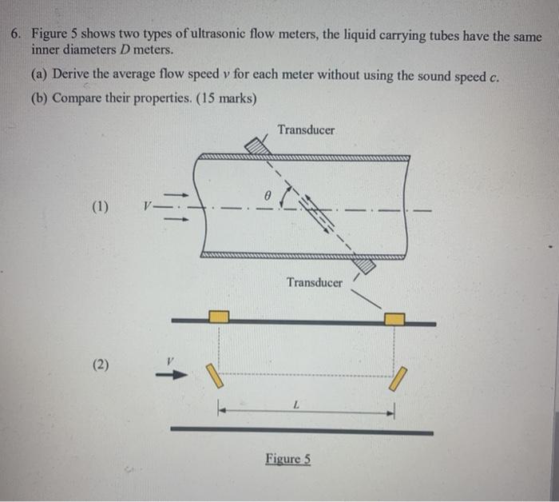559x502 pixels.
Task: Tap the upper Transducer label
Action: point(307,129)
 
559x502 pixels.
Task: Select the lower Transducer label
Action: point(315,282)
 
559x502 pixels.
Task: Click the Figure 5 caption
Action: point(288,459)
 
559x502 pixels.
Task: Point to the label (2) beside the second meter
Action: point(101,365)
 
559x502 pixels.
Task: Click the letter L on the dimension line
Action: point(295,405)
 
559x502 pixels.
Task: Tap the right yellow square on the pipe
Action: point(394,319)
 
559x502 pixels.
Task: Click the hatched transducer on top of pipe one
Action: point(256,147)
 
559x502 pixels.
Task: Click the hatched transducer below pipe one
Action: point(364,265)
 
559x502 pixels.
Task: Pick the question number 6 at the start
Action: point(15,36)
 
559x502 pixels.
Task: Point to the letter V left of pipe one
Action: point(145,206)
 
